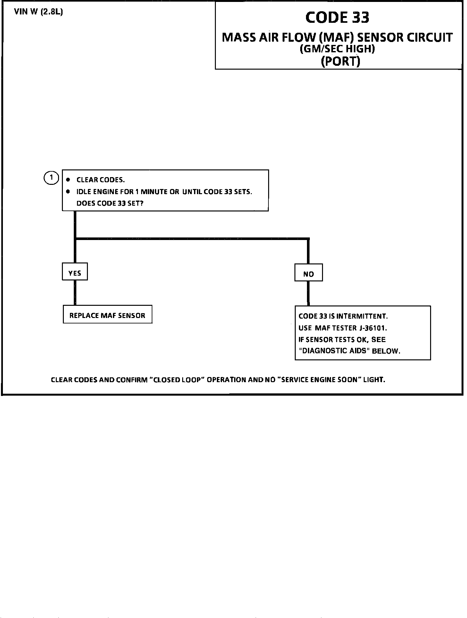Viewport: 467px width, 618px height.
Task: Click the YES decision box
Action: tap(75, 272)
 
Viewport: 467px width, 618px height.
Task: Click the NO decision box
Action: tap(309, 273)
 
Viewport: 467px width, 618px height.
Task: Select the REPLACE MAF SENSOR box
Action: tap(107, 314)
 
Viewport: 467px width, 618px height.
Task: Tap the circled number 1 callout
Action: tap(51, 178)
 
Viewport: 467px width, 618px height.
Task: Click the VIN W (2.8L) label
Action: tap(38, 12)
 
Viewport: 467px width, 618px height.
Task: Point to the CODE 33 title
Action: tap(337, 17)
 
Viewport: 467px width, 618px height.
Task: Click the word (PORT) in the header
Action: tap(340, 61)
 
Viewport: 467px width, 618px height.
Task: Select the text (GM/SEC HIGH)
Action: tap(337, 49)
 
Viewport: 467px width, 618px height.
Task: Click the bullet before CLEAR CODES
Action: tap(68, 180)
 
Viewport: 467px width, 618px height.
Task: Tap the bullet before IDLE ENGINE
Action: tap(68, 192)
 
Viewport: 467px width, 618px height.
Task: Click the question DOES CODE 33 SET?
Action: tap(110, 203)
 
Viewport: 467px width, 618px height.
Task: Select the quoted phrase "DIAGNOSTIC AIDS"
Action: tap(333, 350)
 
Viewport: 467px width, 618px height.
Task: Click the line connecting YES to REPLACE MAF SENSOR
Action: tap(75, 292)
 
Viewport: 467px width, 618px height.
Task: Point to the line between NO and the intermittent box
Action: tap(308, 293)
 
